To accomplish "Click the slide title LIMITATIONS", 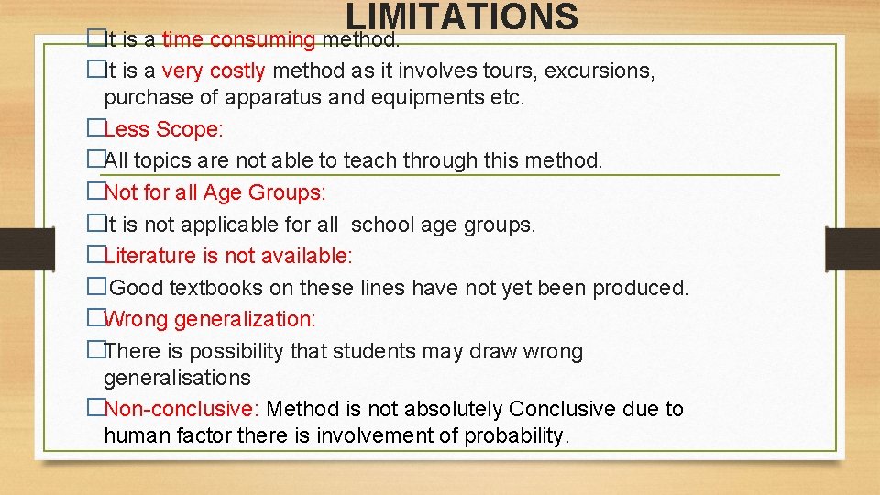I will click(462, 16).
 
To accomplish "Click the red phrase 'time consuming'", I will click(238, 40).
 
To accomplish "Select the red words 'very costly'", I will click(214, 71).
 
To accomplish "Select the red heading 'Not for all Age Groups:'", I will click(214, 192).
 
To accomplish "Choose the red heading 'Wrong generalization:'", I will click(210, 319).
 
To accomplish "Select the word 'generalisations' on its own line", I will click(177, 378).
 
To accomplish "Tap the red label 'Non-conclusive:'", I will click(182, 409).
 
